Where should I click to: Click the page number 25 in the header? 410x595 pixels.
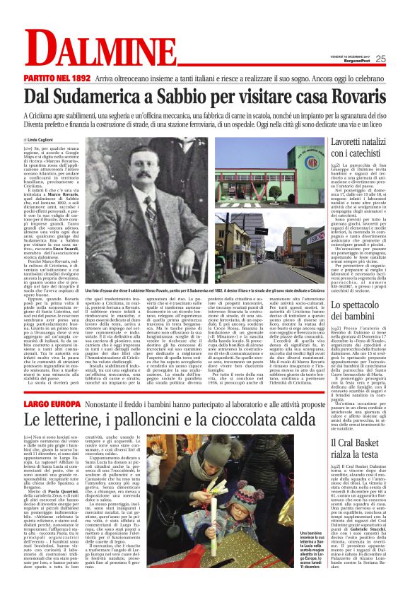tap(399, 59)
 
